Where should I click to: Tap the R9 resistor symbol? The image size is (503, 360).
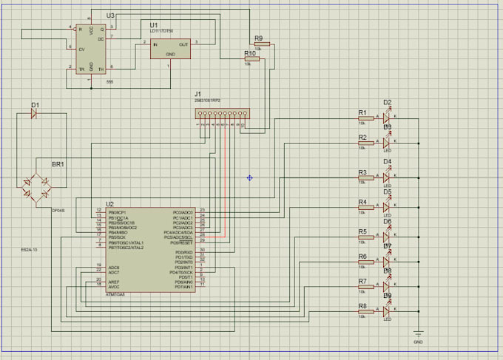tap(262, 44)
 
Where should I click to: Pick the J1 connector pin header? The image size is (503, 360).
tap(222, 115)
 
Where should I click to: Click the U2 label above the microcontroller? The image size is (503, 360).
tap(109, 203)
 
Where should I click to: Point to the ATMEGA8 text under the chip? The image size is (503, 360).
tap(115, 294)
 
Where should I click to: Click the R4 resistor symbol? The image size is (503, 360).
tap(365, 208)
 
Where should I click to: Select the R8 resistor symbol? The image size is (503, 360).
tap(365, 312)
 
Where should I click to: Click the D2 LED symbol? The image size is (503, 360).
tap(385, 118)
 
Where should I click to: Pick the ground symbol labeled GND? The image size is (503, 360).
tap(418, 334)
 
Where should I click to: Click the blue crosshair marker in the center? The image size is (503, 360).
tap(250, 177)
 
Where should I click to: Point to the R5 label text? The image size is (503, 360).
tap(362, 231)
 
